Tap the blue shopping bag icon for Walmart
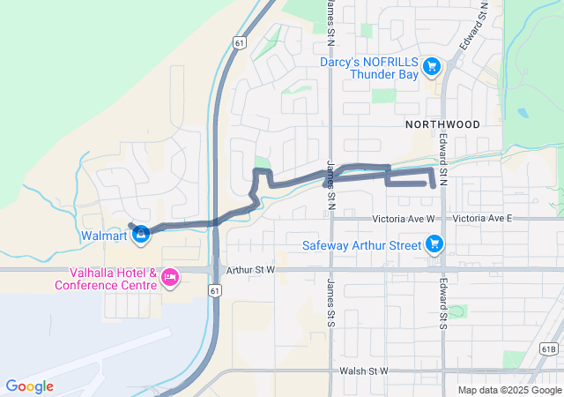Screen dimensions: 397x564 point(140,234)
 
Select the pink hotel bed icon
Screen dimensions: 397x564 point(170,278)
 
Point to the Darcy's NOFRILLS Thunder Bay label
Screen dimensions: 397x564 point(370,68)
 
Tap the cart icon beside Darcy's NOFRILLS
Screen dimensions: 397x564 point(431,66)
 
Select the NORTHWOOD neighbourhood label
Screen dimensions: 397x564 point(442,124)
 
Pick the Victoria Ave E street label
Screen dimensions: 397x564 point(481,218)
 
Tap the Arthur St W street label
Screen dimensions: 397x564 point(251,269)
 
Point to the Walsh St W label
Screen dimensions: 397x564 point(361,371)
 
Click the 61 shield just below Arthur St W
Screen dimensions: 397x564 point(214,289)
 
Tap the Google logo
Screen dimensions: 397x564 point(29,386)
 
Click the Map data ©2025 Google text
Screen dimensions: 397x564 point(508,391)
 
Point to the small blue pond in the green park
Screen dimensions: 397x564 point(523,114)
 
